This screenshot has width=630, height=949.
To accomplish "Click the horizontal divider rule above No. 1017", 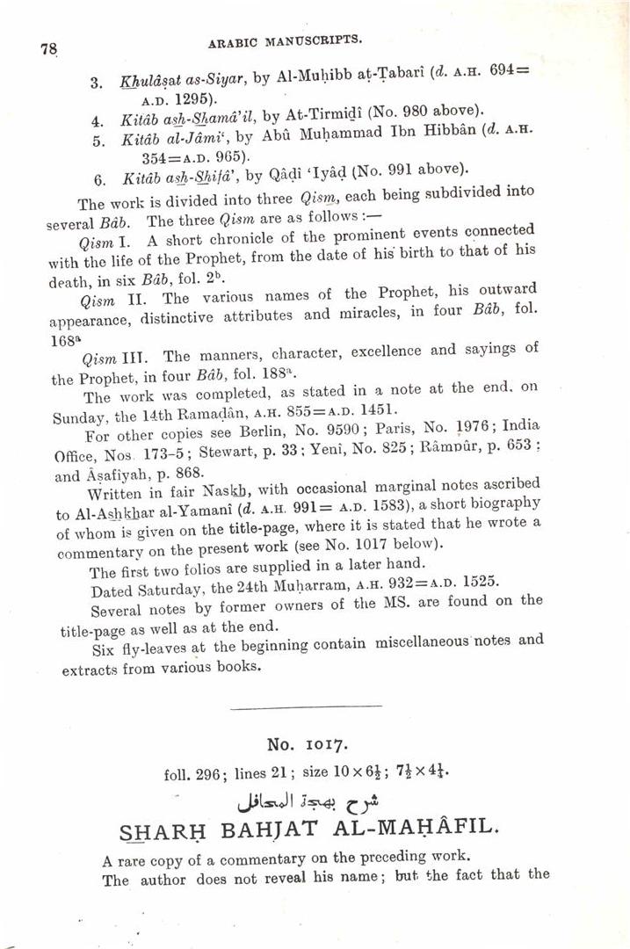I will pyautogui.click(x=305, y=706).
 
